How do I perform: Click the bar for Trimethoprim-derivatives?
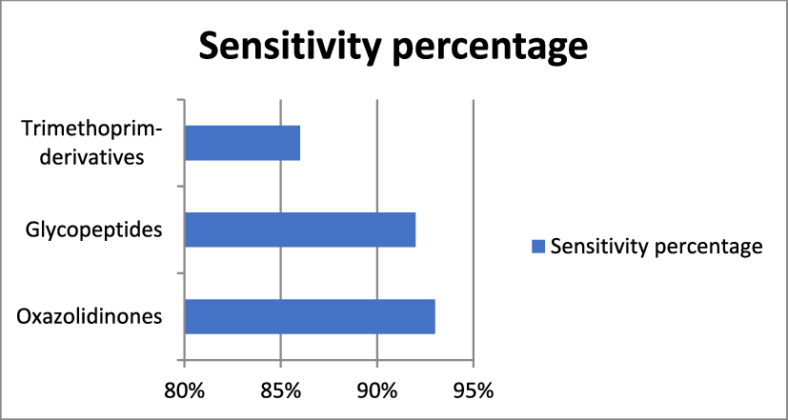[242, 143]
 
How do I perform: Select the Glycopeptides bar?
[299, 230]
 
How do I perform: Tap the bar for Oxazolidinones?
[309, 316]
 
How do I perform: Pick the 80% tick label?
[184, 391]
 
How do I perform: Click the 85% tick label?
[280, 391]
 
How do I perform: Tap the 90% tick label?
[377, 391]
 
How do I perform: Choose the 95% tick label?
[474, 391]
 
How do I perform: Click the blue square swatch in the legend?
[537, 247]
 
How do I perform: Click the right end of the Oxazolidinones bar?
[434, 316]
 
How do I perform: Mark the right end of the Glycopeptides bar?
[415, 230]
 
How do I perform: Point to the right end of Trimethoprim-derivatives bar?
[299, 143]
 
